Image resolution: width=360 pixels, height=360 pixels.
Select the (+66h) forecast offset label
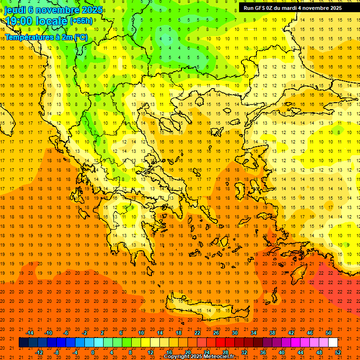81,21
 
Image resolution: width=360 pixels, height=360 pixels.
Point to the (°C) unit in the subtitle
80,37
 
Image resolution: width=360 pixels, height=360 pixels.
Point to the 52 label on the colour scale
338,352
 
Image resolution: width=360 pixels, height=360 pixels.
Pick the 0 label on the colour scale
92,352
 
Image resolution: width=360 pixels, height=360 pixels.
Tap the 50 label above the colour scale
329,333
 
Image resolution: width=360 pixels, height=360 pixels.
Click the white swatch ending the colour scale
333,343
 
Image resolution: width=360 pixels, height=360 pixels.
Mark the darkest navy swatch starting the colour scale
23,343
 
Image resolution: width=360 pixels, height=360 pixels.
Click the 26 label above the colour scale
216,333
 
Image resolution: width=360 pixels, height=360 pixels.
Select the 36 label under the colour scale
263,352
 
